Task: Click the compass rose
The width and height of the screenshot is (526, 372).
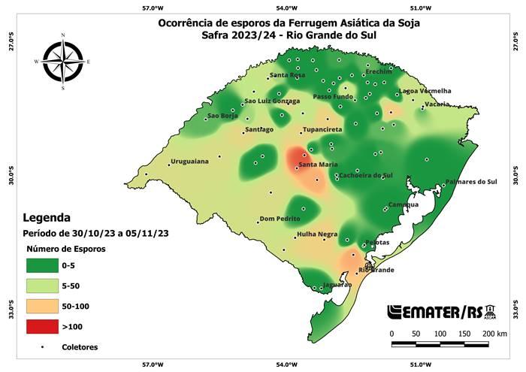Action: [x=62, y=62]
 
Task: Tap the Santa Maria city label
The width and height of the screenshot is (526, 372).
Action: [x=317, y=165]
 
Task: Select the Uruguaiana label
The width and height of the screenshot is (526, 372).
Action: [x=189, y=161]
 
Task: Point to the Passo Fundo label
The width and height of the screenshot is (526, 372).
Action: [x=332, y=97]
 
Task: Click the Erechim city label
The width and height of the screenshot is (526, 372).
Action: [x=379, y=71]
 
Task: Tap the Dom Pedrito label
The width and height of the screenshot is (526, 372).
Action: [x=280, y=219]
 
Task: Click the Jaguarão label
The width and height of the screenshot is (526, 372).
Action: [x=336, y=285]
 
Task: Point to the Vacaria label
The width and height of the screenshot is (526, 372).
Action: [x=437, y=104]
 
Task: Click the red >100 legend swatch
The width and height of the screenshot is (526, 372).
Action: [x=44, y=327]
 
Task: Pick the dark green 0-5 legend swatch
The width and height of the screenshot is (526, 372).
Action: [x=44, y=265]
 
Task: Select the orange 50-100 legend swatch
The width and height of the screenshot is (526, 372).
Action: [x=44, y=307]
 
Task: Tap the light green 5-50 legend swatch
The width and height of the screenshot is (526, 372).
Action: [x=44, y=286]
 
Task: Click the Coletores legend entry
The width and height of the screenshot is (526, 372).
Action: [x=80, y=347]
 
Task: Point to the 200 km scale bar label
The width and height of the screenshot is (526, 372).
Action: [x=494, y=332]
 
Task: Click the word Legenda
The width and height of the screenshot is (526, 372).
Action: [x=47, y=217]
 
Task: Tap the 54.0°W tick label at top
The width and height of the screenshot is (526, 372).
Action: [x=287, y=8]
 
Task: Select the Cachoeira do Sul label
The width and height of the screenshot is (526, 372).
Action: [x=367, y=175]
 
